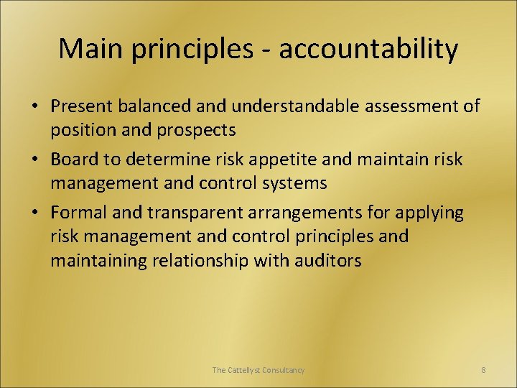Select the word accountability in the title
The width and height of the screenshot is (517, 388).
[x=368, y=49]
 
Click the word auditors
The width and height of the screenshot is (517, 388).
[x=327, y=260]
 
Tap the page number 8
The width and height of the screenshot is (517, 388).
[x=483, y=370]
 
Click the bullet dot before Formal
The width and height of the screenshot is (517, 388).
[x=34, y=213]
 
